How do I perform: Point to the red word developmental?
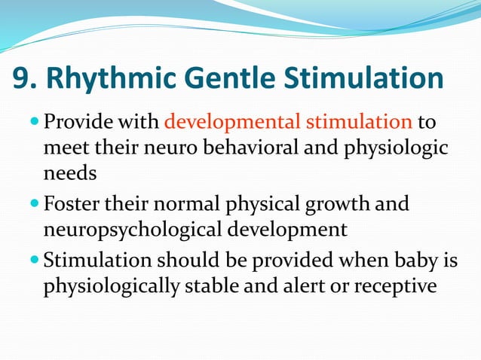point(226,121)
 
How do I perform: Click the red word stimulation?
point(357,121)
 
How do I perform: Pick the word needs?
point(70,173)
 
